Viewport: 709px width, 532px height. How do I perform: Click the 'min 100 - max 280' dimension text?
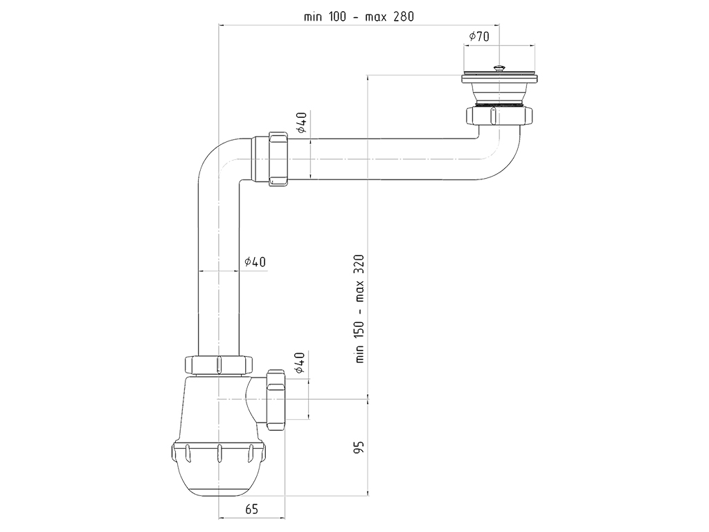coord(359,17)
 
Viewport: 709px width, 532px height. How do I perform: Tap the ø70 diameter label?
coord(479,37)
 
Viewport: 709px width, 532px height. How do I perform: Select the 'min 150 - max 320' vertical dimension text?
coord(360,309)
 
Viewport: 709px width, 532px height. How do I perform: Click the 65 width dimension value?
coord(251,509)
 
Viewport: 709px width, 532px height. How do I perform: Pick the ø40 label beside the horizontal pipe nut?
coord(301,123)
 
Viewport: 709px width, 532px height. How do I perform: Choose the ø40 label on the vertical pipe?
coord(255,262)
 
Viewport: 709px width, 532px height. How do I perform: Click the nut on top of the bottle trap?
coord(218,365)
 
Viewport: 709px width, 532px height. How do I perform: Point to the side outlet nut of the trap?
coord(275,400)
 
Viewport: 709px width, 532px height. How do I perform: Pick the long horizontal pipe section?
coord(388,159)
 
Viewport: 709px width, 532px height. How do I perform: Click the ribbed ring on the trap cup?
coord(219,453)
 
